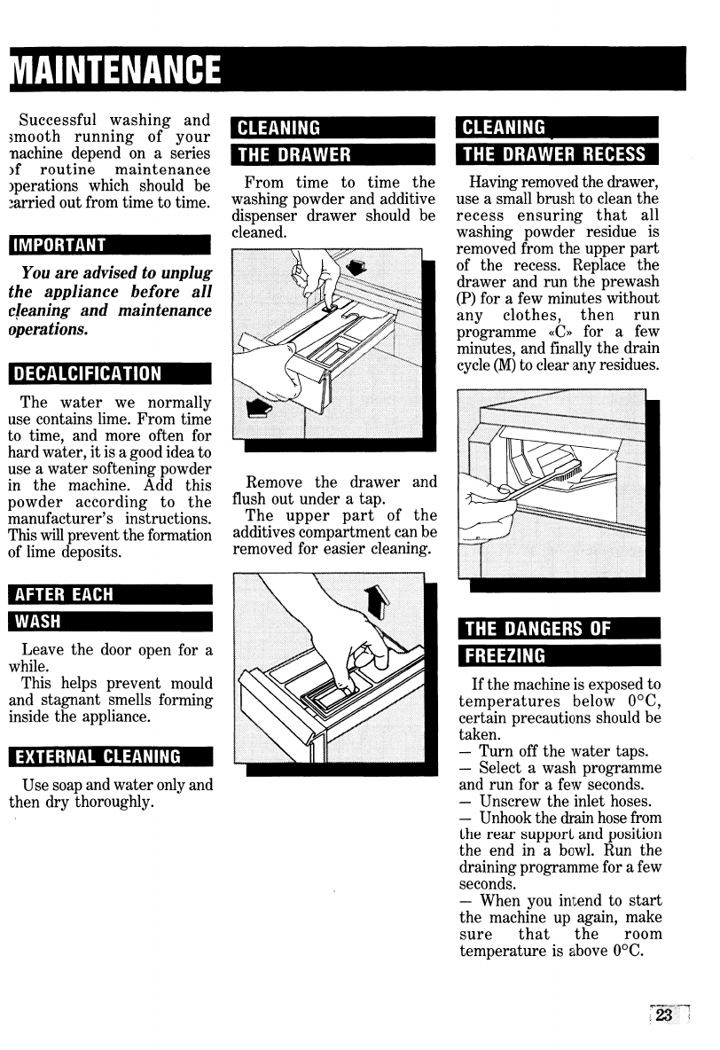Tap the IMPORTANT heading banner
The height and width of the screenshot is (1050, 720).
click(x=59, y=245)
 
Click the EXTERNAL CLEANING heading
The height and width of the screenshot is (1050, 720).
click(x=99, y=756)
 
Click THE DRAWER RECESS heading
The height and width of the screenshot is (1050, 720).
click(x=555, y=154)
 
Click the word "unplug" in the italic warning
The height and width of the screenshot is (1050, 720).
click(x=187, y=272)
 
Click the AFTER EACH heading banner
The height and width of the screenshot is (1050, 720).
click(x=67, y=595)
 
